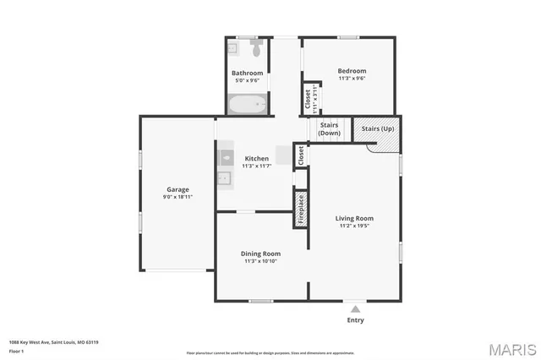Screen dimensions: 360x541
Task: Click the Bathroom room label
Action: pos(248,73)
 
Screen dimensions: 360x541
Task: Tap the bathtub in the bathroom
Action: pos(248,105)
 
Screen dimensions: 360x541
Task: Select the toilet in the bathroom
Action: pos(256,50)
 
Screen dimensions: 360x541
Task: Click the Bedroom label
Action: pos(352,71)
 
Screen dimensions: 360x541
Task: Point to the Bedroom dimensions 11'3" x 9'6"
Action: pos(352,79)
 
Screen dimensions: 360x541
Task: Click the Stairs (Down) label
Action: pos(330,129)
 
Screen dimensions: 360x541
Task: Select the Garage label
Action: pos(178,189)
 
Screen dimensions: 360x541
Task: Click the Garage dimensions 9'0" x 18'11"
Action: pos(178,197)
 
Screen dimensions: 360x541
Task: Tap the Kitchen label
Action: pos(257,158)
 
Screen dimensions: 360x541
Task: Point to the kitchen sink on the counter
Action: pos(227,157)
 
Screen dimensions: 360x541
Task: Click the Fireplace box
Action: pos(300,209)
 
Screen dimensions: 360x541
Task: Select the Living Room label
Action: pos(354,218)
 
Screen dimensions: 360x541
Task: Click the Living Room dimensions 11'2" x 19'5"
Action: pos(354,226)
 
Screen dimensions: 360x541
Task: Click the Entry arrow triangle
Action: pos(356,309)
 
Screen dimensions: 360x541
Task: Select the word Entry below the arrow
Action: pos(356,320)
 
